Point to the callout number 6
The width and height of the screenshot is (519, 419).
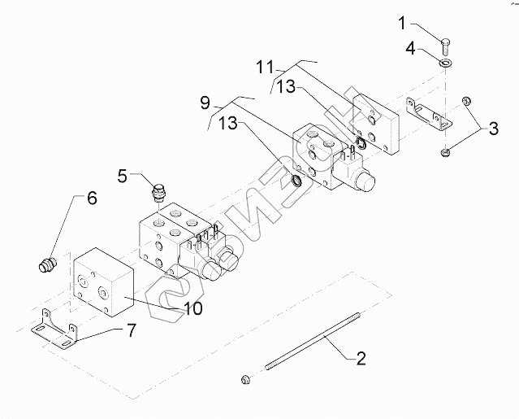(91, 198)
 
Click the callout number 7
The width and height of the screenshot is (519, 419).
(130, 331)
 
